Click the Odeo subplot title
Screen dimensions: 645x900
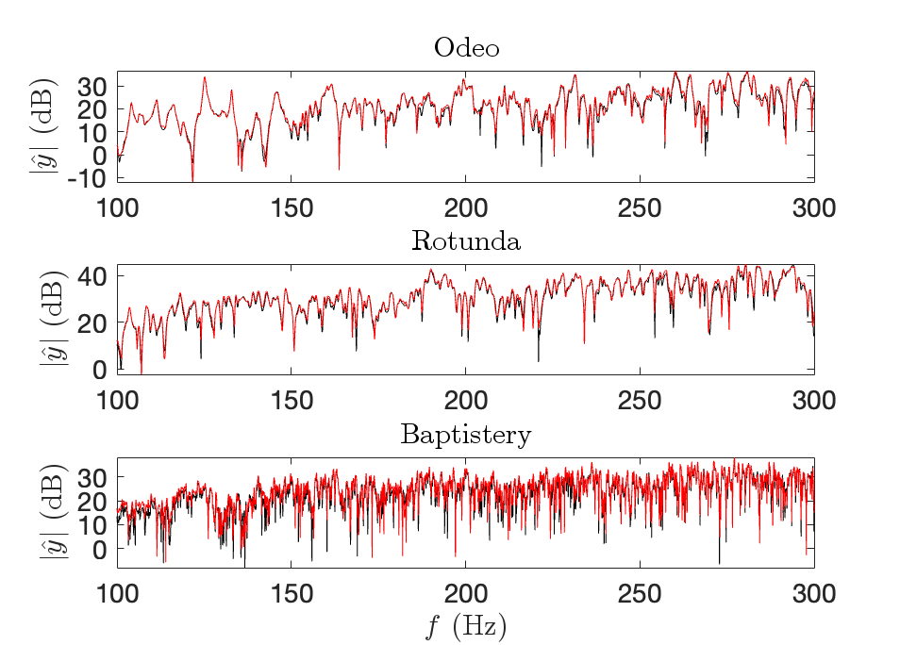click(x=466, y=48)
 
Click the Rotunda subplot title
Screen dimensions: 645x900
click(x=466, y=241)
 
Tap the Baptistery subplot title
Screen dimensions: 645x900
click(x=466, y=435)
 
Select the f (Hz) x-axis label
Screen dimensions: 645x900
click(x=466, y=625)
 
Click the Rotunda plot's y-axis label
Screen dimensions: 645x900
click(x=49, y=320)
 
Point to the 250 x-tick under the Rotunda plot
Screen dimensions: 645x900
click(x=640, y=401)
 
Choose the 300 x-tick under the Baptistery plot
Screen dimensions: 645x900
click(x=813, y=594)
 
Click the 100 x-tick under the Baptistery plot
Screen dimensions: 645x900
click(x=118, y=594)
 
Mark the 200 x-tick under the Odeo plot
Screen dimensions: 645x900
click(x=466, y=207)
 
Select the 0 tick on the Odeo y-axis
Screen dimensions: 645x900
click(x=101, y=154)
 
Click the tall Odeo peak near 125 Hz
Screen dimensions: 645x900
click(x=205, y=78)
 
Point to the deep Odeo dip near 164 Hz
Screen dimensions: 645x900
click(x=340, y=168)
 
